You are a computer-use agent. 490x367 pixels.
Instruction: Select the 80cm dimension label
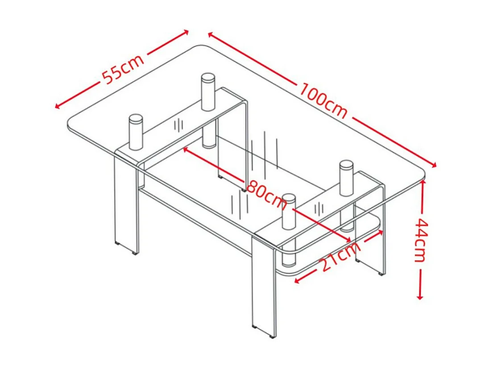tap(266, 194)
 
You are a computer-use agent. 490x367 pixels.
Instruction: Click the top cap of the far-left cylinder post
tap(136, 119)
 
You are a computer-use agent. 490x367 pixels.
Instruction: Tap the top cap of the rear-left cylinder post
tap(208, 78)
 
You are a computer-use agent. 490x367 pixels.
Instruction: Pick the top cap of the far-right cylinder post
tap(346, 165)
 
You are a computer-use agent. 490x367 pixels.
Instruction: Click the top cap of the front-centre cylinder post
tap(289, 198)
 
